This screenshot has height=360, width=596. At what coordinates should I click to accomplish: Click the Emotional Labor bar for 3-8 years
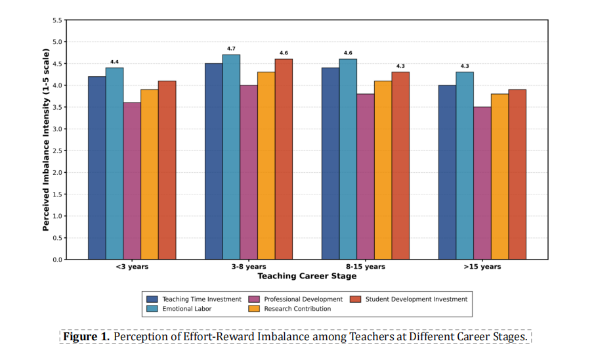coord(231,158)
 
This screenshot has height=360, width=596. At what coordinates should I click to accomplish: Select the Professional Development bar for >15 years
coord(482,183)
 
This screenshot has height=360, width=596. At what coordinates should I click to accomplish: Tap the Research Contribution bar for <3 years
coord(149,175)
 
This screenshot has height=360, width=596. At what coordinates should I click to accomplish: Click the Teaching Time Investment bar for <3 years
coord(97,168)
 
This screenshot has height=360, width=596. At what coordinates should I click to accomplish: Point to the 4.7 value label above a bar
coord(231,49)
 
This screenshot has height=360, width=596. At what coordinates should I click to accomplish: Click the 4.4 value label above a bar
coord(114,62)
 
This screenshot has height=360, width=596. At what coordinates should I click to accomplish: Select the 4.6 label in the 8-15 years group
coord(348,53)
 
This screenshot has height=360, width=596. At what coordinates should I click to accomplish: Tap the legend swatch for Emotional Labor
coord(152,309)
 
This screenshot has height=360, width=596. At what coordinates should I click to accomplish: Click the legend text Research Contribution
coord(297,309)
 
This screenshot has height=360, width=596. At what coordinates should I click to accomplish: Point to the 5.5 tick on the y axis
coord(57,20)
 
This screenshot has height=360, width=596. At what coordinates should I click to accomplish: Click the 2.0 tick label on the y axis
coord(57,172)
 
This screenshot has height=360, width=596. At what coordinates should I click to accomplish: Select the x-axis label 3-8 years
coord(248,267)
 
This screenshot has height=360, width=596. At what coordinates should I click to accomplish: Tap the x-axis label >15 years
coord(482,267)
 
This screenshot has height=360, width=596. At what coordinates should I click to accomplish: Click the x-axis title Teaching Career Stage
coord(307,277)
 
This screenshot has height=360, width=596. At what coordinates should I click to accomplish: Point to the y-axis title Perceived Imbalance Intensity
coord(46,139)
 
